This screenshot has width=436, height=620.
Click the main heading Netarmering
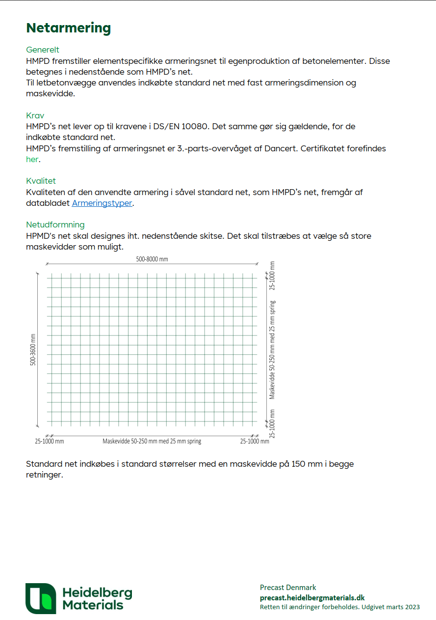click(x=68, y=28)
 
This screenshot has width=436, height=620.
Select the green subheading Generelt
click(x=43, y=50)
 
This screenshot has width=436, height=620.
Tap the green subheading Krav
click(x=35, y=115)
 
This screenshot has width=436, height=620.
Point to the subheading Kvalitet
click(x=41, y=181)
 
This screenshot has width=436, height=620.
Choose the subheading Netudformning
click(x=55, y=225)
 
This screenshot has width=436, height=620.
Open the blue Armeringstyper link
click(x=102, y=203)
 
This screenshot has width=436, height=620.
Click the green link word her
click(x=32, y=159)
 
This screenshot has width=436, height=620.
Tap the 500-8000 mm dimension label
click(x=153, y=259)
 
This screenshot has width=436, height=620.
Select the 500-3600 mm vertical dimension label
click(x=33, y=349)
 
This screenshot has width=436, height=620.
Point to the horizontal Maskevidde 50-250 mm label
click(x=152, y=441)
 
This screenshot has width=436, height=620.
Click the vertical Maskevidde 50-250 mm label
click(x=272, y=349)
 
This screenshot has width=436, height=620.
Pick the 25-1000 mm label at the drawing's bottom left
click(x=49, y=441)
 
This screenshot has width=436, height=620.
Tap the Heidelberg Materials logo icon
click(x=41, y=598)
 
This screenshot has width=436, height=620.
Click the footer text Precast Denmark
click(x=288, y=588)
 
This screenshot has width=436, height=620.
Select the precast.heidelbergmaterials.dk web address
click(x=312, y=597)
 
